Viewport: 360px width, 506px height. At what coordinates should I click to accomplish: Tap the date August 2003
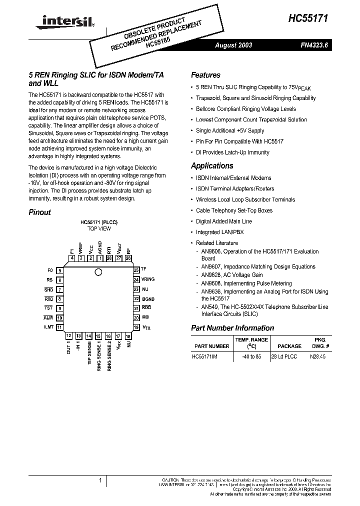pyautogui.click(x=233, y=45)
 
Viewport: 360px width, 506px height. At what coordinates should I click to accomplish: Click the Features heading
pyautogui.click(x=205, y=75)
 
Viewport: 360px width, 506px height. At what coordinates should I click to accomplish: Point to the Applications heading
pyautogui.click(x=212, y=165)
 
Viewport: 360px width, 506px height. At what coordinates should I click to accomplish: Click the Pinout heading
pyautogui.click(x=39, y=212)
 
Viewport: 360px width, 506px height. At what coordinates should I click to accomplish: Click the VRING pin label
pyautogui.click(x=148, y=279)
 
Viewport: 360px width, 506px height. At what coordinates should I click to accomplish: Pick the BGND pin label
pyautogui.click(x=148, y=298)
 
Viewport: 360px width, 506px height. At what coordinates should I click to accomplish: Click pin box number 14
pyautogui.click(x=88, y=336)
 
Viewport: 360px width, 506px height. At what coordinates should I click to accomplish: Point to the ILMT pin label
pyautogui.click(x=48, y=327)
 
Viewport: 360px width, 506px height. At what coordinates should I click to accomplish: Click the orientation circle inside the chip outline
pyautogui.click(x=98, y=272)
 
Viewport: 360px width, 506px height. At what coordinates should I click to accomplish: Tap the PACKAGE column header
pyautogui.click(x=289, y=346)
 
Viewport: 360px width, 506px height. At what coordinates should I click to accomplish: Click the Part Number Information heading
pyautogui.click(x=232, y=328)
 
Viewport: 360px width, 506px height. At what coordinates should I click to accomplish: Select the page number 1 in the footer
pyautogui.click(x=100, y=480)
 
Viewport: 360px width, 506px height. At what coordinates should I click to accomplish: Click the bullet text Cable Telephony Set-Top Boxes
pyautogui.click(x=234, y=210)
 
